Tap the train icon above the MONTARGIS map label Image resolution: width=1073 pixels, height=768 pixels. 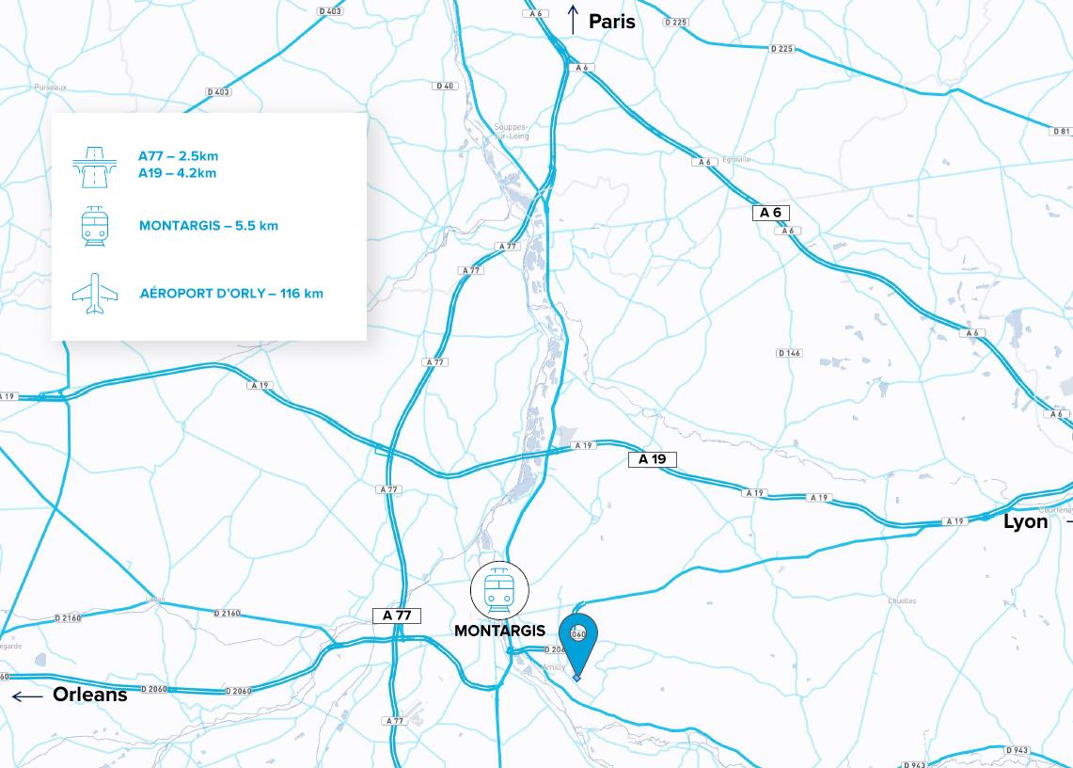pos(499,591)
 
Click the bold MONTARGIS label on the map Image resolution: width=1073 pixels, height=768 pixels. pos(499,631)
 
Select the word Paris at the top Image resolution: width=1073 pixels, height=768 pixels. pos(612,21)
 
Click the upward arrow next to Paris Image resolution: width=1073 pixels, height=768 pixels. pos(572,20)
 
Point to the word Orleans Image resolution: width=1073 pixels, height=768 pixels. pos(89,695)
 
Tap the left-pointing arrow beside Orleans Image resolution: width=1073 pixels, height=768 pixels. pos(27,696)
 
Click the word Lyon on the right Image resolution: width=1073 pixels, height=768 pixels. pos(1025,521)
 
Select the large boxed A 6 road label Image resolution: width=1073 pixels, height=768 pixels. pos(770,213)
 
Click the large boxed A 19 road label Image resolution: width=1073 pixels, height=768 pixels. pos(652,459)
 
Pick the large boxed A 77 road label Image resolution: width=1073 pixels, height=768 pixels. pos(397,616)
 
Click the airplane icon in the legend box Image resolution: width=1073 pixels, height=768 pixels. pos(95,294)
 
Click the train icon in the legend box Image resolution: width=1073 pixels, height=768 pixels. pos(95,227)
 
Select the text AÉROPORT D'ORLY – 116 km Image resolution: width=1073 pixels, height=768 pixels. pos(231,294)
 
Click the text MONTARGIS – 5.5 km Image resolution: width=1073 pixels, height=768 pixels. pos(208,226)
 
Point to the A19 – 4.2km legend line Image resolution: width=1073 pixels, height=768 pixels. pos(177,173)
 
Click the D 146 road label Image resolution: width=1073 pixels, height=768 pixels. pos(789,353)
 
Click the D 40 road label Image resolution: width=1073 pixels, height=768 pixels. pos(444,86)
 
